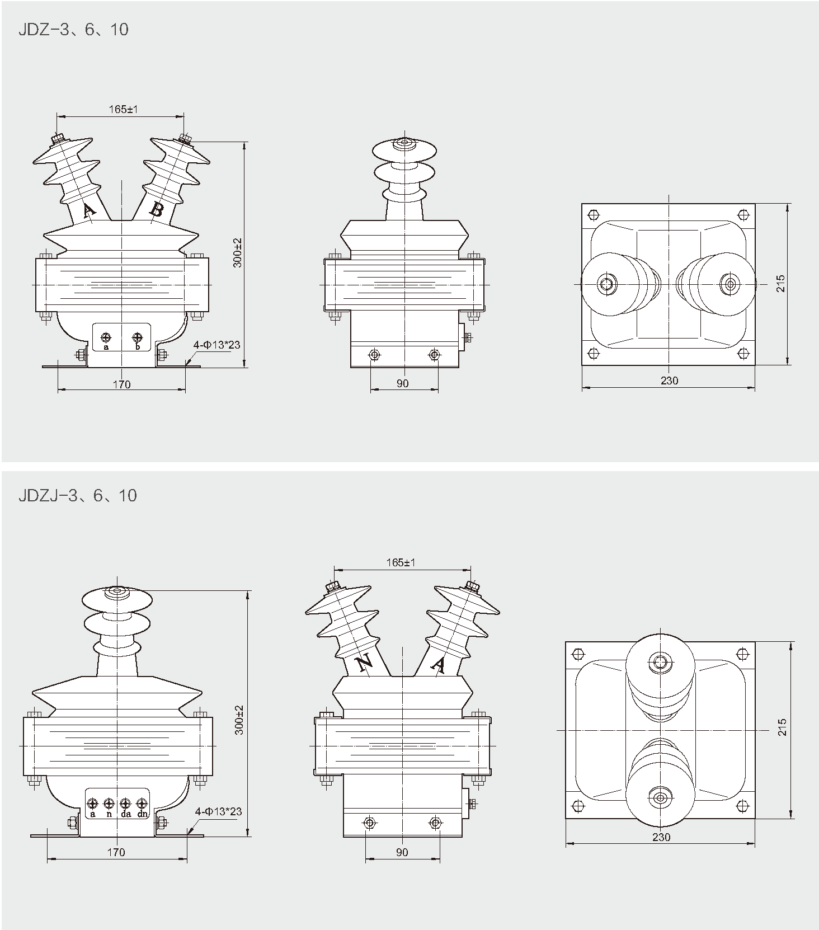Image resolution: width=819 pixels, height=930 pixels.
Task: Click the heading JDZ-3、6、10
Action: tap(73, 29)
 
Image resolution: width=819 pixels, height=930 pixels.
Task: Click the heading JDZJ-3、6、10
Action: tap(78, 495)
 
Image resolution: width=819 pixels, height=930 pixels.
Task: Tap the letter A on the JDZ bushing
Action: tap(88, 211)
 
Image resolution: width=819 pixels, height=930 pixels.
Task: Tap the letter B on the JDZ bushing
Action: tap(157, 210)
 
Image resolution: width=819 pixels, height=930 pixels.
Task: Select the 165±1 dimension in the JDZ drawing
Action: tap(123, 109)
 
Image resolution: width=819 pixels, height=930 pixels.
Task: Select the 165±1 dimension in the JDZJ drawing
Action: tap(401, 562)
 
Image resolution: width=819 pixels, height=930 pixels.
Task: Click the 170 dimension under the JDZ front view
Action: tap(121, 384)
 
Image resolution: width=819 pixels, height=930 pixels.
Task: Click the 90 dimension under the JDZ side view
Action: tap(402, 383)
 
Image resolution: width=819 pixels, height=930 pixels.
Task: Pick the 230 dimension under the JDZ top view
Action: tap(669, 381)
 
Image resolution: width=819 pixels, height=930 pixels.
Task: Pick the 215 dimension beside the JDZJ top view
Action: tap(782, 727)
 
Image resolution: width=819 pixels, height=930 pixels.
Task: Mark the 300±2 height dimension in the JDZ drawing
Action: tap(238, 252)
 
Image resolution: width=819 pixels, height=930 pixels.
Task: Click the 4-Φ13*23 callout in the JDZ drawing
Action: tap(217, 345)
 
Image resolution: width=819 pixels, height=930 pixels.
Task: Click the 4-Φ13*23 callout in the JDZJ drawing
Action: tap(218, 811)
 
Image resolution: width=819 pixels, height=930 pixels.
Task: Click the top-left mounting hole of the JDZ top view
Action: tap(594, 215)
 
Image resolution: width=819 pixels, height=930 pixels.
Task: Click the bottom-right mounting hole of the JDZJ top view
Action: tap(743, 806)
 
